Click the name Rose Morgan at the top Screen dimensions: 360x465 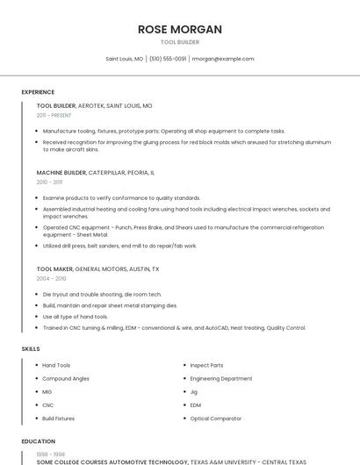pos(180,29)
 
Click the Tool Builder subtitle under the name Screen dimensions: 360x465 pos(180,42)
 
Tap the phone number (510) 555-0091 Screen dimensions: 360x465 pos(168,59)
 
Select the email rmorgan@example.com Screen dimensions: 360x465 pos(223,59)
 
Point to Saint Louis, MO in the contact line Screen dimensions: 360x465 pos(125,59)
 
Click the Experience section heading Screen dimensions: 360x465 pos(38,92)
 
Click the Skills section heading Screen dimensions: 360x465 pos(31,349)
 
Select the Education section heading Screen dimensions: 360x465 pos(38,441)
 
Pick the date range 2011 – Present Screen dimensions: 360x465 pos(54,115)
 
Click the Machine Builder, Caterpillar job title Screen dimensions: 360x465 pos(96,173)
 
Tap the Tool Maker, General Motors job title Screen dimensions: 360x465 pos(98,269)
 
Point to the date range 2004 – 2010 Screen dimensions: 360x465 pos(51,278)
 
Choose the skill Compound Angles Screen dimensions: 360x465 pos(66,378)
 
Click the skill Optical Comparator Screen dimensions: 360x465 pos(216,418)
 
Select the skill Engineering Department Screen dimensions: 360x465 pos(221,378)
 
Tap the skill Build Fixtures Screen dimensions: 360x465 pos(59,418)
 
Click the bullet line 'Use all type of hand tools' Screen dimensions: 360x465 pos(76,317)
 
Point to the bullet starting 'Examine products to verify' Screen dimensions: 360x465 pos(121,198)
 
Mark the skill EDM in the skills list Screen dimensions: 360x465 pos(196,405)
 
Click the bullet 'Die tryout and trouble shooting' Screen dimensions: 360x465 pos(102,295)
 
